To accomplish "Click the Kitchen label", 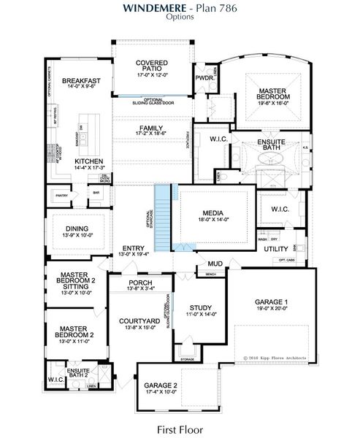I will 89,161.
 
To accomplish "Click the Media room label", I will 218,212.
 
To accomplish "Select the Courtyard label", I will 139,320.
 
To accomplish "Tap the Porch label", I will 140,283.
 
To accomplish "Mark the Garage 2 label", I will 161,385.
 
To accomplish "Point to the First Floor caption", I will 180,429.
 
